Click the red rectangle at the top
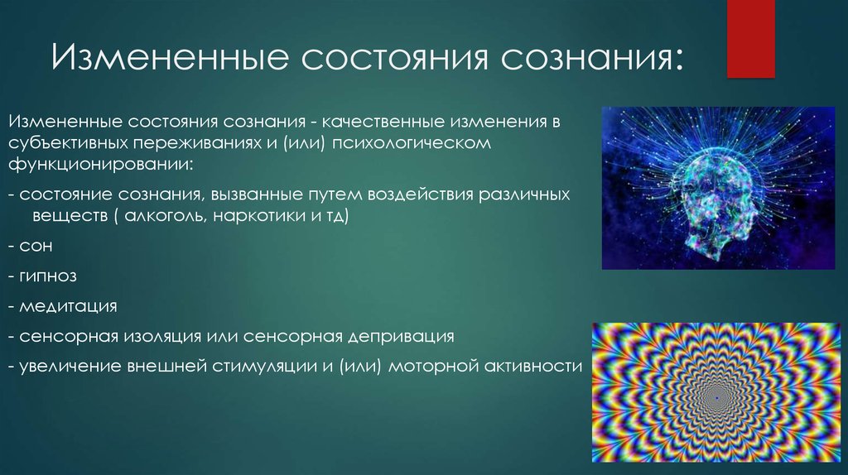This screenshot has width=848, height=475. coord(750,38)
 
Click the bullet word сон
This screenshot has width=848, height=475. coord(36,247)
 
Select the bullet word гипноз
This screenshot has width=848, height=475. coord(48,276)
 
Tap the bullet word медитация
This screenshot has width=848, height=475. coord(68,307)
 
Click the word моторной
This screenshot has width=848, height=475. coord(434,367)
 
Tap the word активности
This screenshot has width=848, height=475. coord(533,367)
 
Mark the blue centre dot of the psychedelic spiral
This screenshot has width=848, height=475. coord(717,399)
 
